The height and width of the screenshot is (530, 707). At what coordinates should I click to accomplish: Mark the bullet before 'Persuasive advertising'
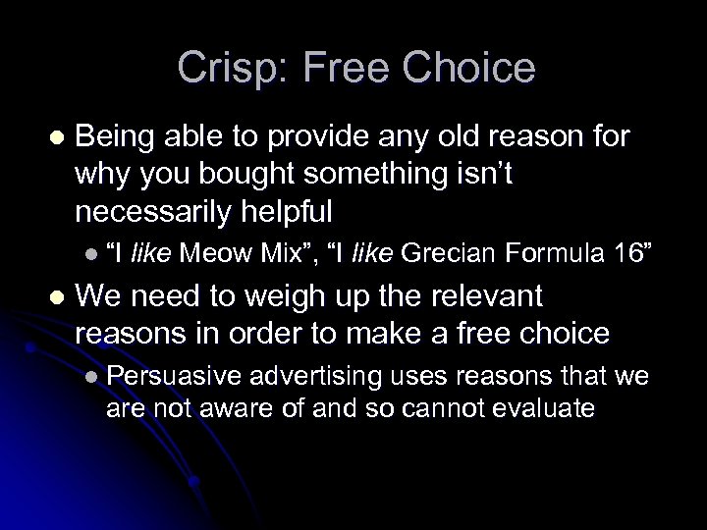point(91,376)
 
